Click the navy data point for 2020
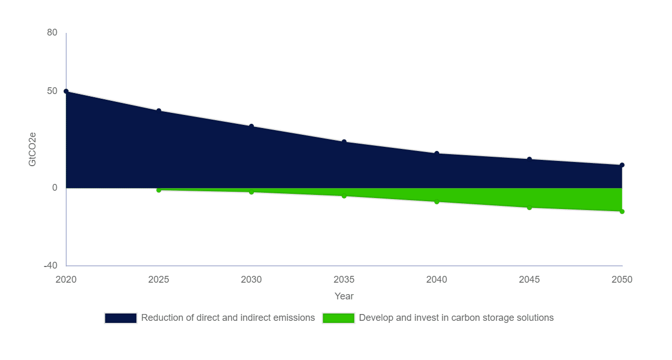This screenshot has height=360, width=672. coord(66,91)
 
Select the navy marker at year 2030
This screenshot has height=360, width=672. coord(251,126)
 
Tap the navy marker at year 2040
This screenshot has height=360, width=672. coord(437,154)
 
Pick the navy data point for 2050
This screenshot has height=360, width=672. coord(622,165)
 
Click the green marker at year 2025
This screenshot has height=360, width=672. coord(159,190)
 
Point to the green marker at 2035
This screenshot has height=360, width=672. coord(344,196)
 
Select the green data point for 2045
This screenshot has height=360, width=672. coord(529,207)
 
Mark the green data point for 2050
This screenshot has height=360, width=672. coord(622,212)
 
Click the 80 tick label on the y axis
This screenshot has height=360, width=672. coord(52,32)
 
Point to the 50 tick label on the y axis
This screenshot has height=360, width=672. coord(52,91)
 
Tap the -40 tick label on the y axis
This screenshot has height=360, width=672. coord(51,265)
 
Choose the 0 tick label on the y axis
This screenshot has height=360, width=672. coord(55,188)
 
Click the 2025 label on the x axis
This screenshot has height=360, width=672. coord(159,280)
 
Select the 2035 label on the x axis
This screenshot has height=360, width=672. coord(344,280)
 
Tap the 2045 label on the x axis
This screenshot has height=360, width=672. coord(529,280)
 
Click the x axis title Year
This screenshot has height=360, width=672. coord(344,296)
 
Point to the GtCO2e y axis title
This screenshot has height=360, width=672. coord(32,149)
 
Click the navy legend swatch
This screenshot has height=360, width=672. coord(121,318)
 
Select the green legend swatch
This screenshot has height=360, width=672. coord(338,318)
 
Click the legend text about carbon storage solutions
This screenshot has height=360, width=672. coord(456,318)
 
